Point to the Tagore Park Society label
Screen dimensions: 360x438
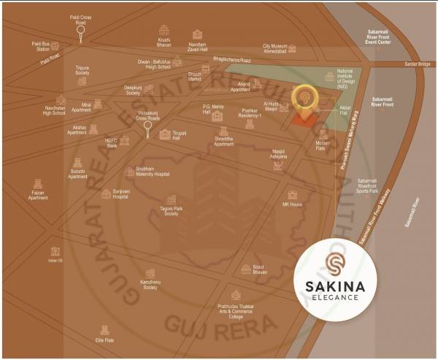[172, 210]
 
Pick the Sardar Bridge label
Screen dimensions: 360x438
[418, 64]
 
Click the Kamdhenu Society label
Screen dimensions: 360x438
[150, 286]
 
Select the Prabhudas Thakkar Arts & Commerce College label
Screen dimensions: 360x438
[235, 311]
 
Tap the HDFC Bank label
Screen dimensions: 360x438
[112, 143]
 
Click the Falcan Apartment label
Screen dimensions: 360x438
[38, 195]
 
